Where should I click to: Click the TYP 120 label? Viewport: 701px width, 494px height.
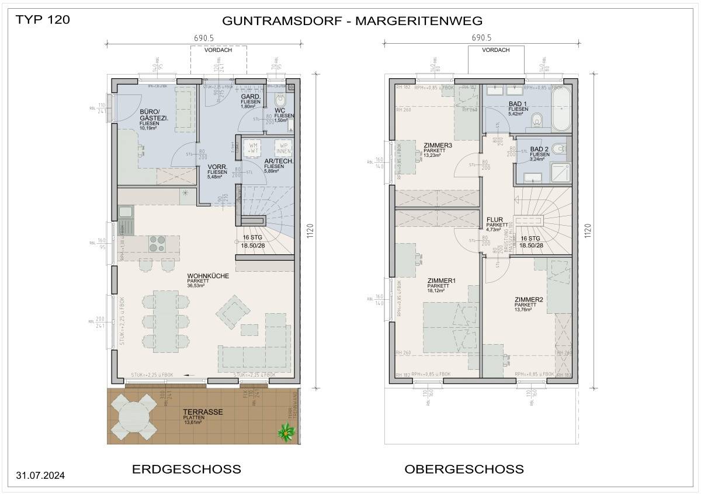coord(43,19)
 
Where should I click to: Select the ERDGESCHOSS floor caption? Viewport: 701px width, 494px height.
coord(186,469)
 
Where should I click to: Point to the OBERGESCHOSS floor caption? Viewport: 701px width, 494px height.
coord(464,469)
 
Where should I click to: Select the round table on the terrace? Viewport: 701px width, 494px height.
coord(134,415)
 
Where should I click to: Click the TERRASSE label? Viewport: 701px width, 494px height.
coord(203,412)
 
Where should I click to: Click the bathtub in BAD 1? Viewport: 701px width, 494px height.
coord(564,114)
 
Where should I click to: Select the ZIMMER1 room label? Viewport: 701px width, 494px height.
coord(441,281)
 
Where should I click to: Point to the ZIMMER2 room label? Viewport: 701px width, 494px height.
coord(529,300)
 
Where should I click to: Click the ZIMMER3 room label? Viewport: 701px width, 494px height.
coord(438,146)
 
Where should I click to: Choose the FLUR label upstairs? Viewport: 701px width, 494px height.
coord(495,220)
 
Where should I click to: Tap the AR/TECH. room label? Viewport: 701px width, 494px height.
coord(278,161)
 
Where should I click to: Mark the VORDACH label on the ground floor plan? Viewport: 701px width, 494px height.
coord(218,50)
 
